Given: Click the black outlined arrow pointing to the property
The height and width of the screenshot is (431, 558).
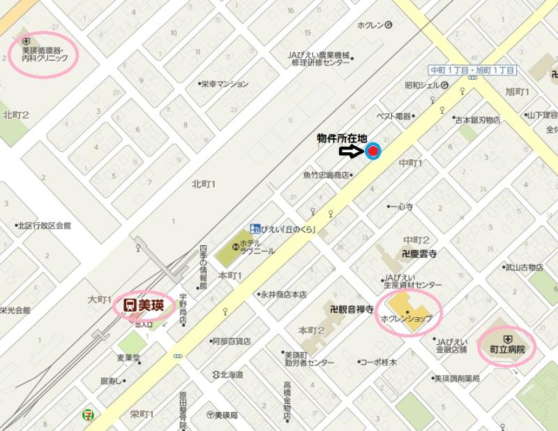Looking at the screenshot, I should click(x=350, y=151).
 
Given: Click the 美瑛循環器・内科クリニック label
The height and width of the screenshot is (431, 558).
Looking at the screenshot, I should click(x=44, y=54).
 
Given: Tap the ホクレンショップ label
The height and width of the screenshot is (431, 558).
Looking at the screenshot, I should click(x=407, y=319).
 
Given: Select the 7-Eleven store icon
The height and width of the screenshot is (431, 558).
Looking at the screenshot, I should click(x=88, y=414).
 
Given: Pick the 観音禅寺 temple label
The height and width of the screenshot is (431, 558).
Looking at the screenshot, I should click(x=352, y=308).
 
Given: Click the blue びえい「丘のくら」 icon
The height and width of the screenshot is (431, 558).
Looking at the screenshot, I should click(x=256, y=229).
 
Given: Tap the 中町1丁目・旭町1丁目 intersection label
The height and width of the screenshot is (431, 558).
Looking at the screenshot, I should click(x=472, y=71).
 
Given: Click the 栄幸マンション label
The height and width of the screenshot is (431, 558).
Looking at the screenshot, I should click(x=226, y=84).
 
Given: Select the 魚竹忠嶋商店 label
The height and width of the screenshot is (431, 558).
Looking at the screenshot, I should click(x=326, y=175).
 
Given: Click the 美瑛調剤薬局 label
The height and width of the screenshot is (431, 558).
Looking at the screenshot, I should click(x=457, y=379).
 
